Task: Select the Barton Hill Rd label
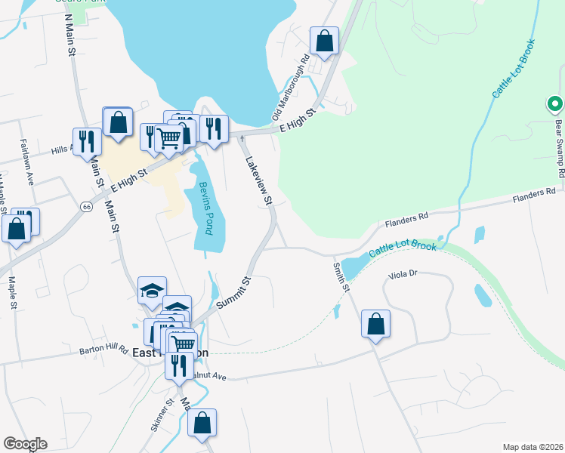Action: point(105,350)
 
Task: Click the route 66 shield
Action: point(87,206)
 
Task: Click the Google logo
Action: point(25,444)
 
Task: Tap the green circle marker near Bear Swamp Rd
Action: point(554,104)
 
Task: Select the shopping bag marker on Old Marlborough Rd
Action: point(324,42)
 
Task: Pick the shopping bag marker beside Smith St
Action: point(375,324)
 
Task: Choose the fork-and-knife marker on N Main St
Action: point(87,141)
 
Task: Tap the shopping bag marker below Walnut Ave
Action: point(202,424)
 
